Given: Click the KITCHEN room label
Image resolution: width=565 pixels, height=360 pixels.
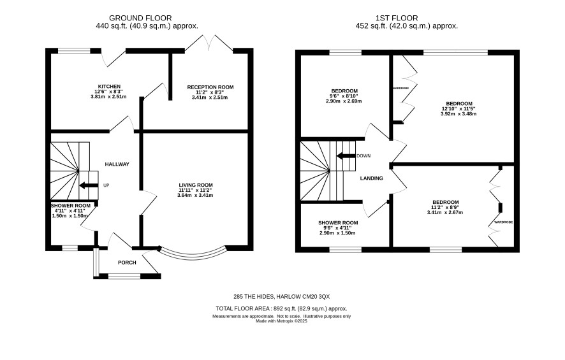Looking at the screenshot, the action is (x=110, y=87).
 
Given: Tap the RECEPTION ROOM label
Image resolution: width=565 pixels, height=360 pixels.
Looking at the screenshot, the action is (x=210, y=87).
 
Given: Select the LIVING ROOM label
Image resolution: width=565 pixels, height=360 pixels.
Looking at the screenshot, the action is (x=196, y=185).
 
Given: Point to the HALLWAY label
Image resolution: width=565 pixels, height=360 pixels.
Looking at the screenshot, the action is (x=117, y=164).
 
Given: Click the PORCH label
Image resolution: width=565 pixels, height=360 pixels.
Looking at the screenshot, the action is (x=127, y=263).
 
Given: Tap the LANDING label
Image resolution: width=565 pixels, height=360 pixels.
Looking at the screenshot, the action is (x=372, y=178).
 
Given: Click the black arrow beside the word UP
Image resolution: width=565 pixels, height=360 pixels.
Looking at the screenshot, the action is (x=89, y=185).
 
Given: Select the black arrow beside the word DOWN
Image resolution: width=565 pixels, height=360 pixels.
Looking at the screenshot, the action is (x=346, y=156).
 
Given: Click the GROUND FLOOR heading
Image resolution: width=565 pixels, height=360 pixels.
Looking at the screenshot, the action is (x=140, y=18).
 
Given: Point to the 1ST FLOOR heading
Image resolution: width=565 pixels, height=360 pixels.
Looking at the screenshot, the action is (x=397, y=18).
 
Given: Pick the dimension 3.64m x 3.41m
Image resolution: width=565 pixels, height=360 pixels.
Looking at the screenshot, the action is (x=195, y=196).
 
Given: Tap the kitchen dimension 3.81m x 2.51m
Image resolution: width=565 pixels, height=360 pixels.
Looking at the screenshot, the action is (x=108, y=97).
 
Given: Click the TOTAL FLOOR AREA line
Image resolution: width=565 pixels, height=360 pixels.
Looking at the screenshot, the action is (x=281, y=308).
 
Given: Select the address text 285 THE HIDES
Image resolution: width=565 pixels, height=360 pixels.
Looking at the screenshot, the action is (x=254, y=297).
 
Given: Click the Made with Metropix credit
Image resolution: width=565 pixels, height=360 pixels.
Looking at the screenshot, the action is (x=281, y=321).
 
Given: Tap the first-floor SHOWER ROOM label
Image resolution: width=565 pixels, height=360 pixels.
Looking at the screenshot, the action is (x=338, y=223).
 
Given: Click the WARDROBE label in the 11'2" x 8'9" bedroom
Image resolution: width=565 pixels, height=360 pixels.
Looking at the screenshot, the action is (x=503, y=222).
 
